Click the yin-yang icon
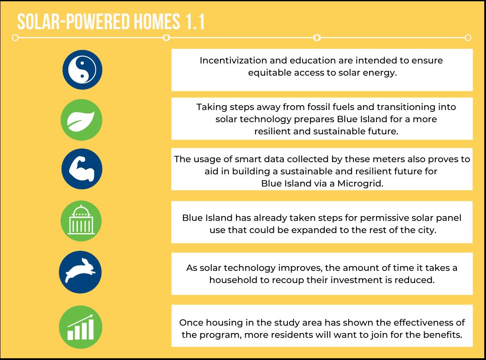(82, 70)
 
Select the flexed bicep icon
(82, 169)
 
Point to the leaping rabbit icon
(80, 270)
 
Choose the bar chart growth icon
(80, 327)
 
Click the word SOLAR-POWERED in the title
(73, 22)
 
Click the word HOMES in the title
(157, 22)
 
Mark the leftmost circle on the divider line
(15, 38)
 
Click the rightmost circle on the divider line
(468, 38)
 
